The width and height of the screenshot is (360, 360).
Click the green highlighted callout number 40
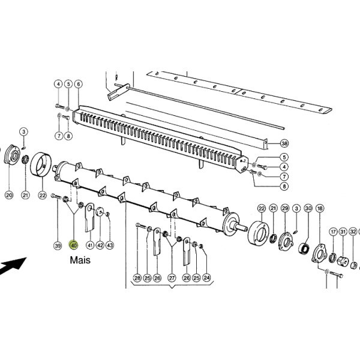tap(73, 245)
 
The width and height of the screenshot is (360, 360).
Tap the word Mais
tap(80, 260)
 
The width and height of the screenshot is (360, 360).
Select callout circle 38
tap(284, 143)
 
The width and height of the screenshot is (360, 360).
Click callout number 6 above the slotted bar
tap(79, 84)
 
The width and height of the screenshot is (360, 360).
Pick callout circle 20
tap(9, 195)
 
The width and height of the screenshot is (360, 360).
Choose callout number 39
tap(58, 245)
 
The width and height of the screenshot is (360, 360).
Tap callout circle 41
tap(90, 245)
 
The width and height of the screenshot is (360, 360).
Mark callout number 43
tap(110, 245)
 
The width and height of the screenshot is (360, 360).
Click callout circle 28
tap(137, 278)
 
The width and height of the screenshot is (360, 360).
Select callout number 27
tap(172, 278)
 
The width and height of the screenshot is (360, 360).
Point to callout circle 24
tap(206, 278)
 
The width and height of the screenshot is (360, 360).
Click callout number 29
tap(285, 208)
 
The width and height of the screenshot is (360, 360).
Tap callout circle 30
tap(308, 208)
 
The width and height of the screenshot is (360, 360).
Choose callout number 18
tap(320, 208)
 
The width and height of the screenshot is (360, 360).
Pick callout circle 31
tap(343, 232)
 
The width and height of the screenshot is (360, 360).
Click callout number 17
tap(334, 232)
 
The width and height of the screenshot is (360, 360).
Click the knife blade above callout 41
tap(90, 217)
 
